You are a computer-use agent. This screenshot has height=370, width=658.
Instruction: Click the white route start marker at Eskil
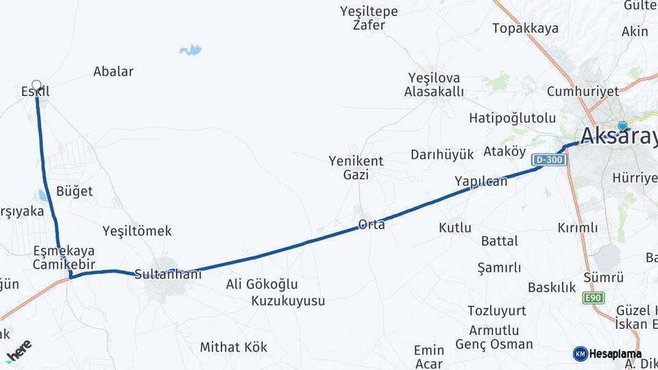click(36, 86)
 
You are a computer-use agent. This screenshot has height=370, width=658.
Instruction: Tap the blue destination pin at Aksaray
click(622, 126)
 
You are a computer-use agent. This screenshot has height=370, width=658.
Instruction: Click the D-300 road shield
click(548, 160)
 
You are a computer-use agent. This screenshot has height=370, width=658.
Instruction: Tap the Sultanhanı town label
click(168, 274)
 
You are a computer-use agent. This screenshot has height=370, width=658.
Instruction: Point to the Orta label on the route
click(371, 224)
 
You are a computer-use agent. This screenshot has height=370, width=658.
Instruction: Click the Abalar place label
click(113, 71)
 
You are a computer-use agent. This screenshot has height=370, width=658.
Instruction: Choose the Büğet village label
click(75, 191)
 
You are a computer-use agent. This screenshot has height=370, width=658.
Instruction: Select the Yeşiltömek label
click(137, 231)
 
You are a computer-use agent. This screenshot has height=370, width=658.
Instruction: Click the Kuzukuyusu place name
click(288, 301)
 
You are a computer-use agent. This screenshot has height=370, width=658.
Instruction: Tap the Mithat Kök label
click(234, 347)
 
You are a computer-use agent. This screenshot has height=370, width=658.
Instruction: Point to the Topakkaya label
click(525, 29)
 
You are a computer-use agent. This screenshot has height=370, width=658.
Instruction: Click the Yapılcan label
click(481, 182)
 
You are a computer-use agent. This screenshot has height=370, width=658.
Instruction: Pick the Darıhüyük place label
click(442, 154)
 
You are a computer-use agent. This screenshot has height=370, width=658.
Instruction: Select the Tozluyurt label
click(497, 311)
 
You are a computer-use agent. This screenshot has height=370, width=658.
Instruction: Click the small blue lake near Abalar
click(191, 50)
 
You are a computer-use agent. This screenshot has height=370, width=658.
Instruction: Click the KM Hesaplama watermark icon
click(581, 354)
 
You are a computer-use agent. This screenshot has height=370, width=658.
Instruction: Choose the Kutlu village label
click(455, 227)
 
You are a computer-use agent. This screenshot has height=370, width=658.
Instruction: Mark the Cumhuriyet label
click(583, 91)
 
